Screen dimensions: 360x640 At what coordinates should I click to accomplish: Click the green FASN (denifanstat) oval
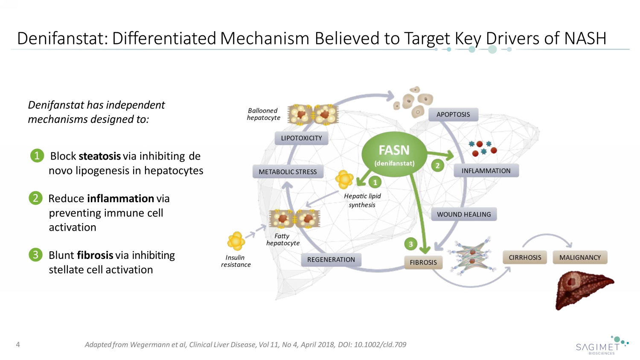(394, 155)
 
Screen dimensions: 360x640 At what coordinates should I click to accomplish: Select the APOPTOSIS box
(453, 114)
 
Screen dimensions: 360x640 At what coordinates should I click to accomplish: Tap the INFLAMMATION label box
(486, 171)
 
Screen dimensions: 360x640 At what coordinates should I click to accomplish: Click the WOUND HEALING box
(464, 214)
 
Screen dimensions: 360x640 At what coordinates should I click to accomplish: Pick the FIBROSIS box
(423, 262)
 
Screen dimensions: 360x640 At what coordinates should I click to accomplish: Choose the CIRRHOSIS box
(525, 258)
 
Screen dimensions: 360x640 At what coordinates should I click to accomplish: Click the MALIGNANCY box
(580, 258)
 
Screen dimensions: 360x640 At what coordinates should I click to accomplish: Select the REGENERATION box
(331, 259)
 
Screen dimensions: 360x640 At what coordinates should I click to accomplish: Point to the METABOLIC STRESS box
(288, 171)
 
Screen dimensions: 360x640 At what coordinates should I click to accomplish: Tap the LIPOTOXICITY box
(301, 138)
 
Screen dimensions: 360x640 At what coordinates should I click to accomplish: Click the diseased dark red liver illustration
(583, 290)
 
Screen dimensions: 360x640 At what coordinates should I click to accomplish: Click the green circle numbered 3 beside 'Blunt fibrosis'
(36, 255)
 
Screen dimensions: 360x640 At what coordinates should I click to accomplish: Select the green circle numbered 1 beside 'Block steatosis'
(37, 156)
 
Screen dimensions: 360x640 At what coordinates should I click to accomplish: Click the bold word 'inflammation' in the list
(121, 199)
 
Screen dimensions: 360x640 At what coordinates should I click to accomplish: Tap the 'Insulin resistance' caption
(236, 261)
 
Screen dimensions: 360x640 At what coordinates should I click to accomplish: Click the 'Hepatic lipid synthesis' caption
(362, 200)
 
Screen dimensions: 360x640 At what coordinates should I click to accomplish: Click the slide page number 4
(18, 344)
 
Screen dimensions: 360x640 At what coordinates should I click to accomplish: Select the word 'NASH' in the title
(585, 38)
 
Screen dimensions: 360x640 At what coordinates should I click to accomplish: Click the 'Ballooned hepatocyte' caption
(263, 114)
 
